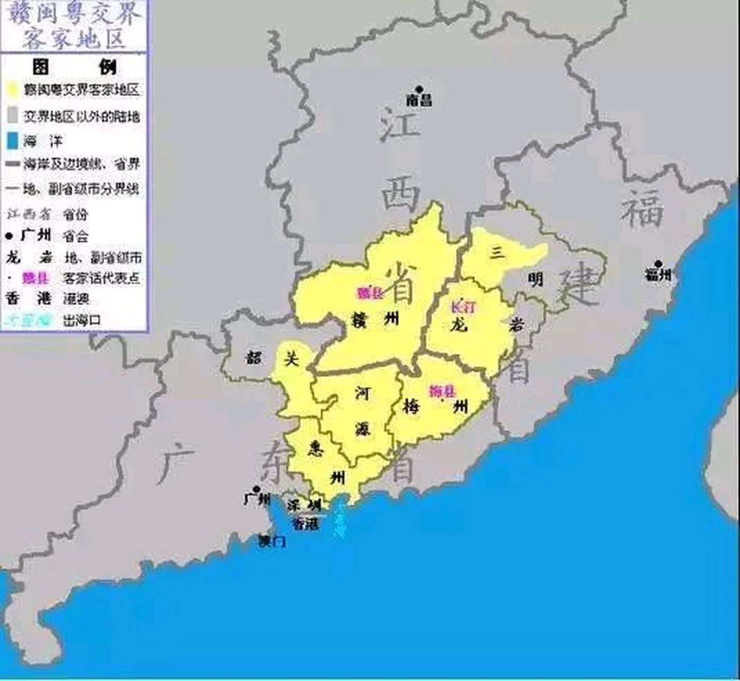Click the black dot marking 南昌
tap(419, 89)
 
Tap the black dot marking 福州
tap(658, 264)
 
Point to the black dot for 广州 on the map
tap(256, 489)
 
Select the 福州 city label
tap(658, 275)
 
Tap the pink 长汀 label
tap(463, 307)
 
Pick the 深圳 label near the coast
tap(304, 505)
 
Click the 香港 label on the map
tap(306, 524)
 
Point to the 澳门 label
tap(272, 542)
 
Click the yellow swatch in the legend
tap(14, 89)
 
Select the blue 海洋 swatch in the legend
tap(14, 141)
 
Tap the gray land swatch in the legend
tap(14, 115)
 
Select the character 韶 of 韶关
tap(254, 358)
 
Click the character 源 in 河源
tap(363, 429)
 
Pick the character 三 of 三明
tap(497, 253)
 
